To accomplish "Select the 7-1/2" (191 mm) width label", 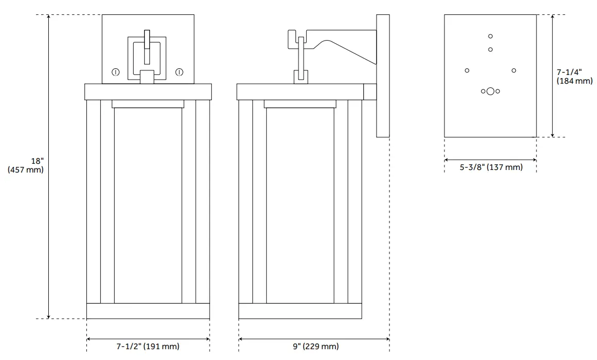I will (x=148, y=347).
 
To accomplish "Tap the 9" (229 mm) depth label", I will (x=315, y=347).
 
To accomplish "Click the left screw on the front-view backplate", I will (x=116, y=72).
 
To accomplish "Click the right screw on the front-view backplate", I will (x=179, y=72).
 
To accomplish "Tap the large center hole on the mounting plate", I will (x=491, y=91).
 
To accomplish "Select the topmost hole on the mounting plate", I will (x=491, y=36).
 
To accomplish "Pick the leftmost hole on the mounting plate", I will (x=467, y=70).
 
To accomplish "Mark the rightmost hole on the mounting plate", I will (x=514, y=70).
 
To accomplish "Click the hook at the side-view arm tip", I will (x=291, y=39).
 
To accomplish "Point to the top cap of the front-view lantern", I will (x=148, y=91).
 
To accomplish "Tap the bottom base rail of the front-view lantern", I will (x=148, y=311).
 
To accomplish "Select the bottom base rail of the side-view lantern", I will (x=300, y=311).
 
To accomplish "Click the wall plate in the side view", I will (x=383, y=76).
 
